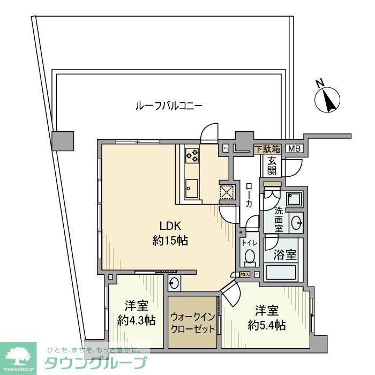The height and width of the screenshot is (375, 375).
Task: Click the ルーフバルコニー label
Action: pyautogui.click(x=168, y=106)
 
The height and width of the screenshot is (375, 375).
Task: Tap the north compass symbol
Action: pyautogui.click(x=327, y=99)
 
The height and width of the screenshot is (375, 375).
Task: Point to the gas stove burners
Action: pyautogui.click(x=192, y=155)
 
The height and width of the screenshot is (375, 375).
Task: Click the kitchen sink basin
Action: pyautogui.click(x=191, y=187)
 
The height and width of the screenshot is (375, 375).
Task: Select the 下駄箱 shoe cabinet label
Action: pyautogui.click(x=266, y=149)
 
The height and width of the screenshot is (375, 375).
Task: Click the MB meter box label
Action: pyautogui.click(x=293, y=149)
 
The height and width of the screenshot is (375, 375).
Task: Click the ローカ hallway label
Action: pyautogui.click(x=249, y=196)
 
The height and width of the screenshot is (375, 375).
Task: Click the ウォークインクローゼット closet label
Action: pyautogui.click(x=193, y=320)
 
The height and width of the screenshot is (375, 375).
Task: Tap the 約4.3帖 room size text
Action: pyautogui.click(x=137, y=321)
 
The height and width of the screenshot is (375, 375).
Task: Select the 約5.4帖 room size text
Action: pyautogui.click(x=266, y=325)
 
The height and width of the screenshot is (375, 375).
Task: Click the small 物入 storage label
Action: pyautogui.click(x=245, y=275)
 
